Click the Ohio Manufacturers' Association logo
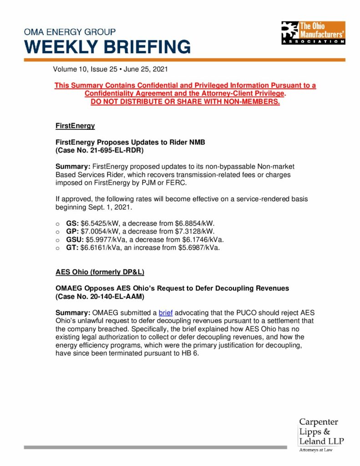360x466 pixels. tap(313, 33)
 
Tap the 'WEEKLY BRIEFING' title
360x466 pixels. tap(107, 47)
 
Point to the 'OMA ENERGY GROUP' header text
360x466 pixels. tap(70, 32)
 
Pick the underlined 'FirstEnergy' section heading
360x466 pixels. tap(75, 125)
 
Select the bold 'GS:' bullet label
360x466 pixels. tap(72, 223)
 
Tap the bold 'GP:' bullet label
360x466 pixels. tap(72, 232)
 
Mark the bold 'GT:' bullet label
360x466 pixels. tap(72, 248)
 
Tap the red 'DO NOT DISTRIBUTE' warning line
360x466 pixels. tap(185, 101)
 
